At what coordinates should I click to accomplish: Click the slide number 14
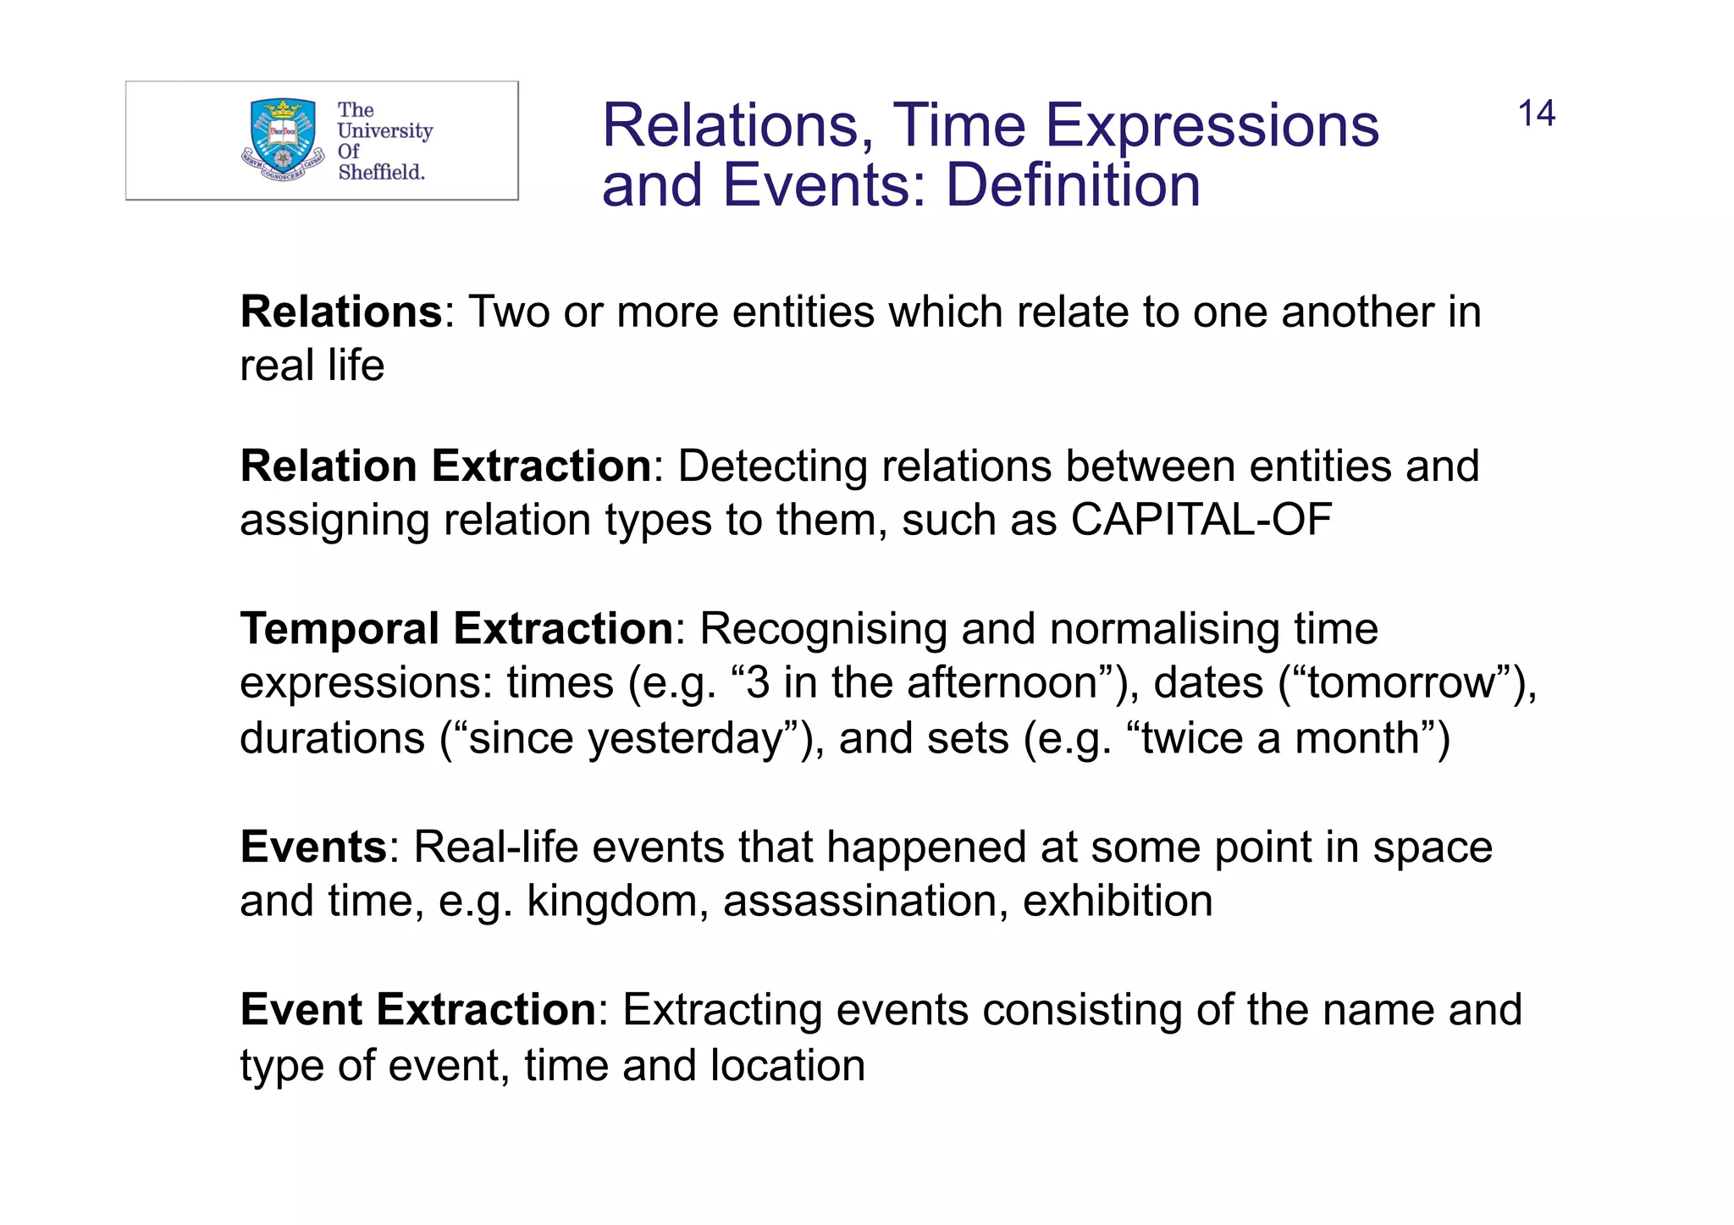pos(1536,113)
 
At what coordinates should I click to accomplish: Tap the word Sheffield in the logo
pos(381,172)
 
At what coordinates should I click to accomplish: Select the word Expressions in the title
pos(1212,126)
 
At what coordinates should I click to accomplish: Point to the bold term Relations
pos(341,312)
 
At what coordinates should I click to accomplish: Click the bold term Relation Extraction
pos(445,466)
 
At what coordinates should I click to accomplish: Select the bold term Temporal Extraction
pos(456,628)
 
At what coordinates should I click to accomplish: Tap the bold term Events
pos(314,847)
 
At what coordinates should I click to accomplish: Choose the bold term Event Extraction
pos(418,1009)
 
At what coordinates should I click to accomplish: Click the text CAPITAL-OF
pos(1201,520)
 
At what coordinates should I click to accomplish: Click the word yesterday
pos(687,738)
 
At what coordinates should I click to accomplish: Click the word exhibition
pos(1117,901)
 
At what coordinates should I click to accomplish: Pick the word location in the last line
pos(787,1065)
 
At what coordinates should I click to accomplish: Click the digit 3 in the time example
pos(757,682)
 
